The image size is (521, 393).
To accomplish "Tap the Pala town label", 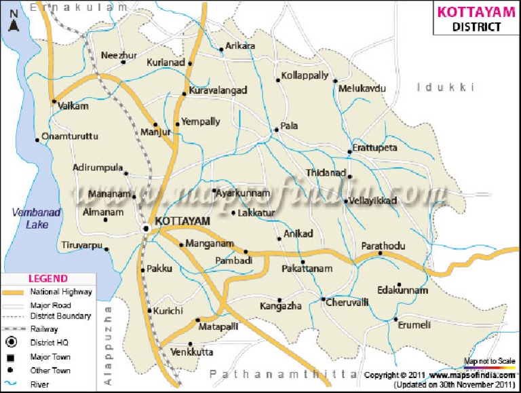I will point(290,126).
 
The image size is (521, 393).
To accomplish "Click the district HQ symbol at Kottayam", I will point(147,229).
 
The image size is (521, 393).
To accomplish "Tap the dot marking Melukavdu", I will point(335,81).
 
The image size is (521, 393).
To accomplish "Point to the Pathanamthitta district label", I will point(283,374).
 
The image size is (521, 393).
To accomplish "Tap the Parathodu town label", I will point(383,245).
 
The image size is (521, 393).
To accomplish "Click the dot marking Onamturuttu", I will point(37,141).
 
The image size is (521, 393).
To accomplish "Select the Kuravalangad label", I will point(218,90).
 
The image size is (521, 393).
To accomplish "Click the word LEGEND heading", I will point(47,278).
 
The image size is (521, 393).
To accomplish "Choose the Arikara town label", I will point(240,45).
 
